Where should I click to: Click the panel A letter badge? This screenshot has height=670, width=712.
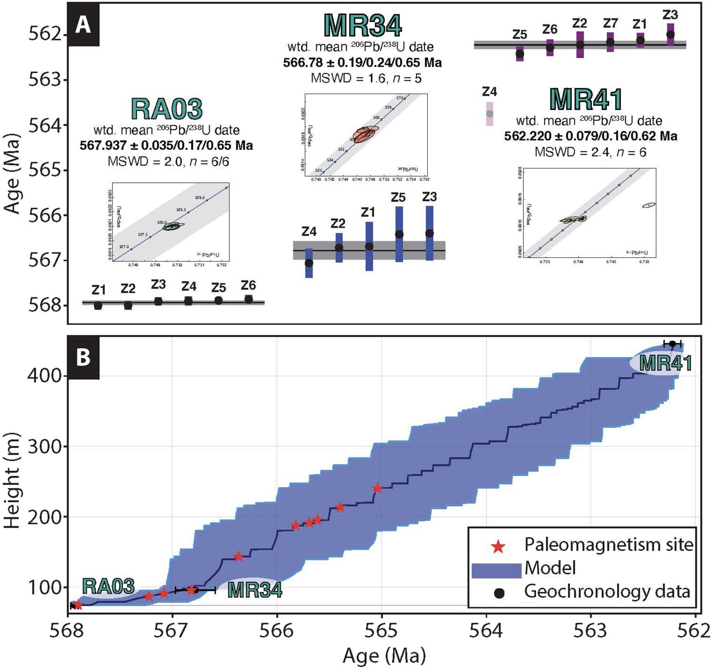(x=83, y=25)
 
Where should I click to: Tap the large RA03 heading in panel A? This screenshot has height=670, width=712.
(x=167, y=109)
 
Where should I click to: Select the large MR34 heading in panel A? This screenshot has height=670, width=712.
(x=362, y=26)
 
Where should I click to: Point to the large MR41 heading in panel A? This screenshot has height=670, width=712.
(x=586, y=99)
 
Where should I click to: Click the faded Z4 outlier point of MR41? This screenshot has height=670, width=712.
(x=490, y=114)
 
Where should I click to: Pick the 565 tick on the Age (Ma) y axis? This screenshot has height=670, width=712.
(x=45, y=170)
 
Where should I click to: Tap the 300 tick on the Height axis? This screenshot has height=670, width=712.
(x=44, y=446)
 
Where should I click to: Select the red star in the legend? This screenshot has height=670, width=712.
(x=498, y=547)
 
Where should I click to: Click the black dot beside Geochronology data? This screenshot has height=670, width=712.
(x=499, y=593)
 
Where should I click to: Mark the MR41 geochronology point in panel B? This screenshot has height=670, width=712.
(x=673, y=344)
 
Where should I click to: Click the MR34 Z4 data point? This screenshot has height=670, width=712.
(x=309, y=263)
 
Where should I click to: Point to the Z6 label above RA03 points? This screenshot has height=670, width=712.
(x=248, y=285)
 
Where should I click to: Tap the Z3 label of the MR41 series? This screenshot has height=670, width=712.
(x=670, y=15)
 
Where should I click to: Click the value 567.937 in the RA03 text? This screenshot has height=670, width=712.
(x=103, y=145)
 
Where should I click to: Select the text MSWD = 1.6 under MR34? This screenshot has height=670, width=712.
(x=348, y=79)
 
